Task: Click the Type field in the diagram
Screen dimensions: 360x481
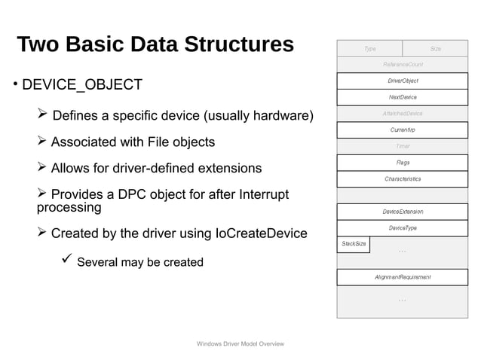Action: click(369, 48)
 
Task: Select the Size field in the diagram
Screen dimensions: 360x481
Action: click(435, 48)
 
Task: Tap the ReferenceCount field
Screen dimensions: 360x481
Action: click(403, 65)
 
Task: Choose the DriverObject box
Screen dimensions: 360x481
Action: click(403, 81)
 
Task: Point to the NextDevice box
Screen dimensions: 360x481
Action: click(403, 97)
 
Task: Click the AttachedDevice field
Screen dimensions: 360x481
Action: click(403, 113)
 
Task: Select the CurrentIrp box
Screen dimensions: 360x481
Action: click(403, 130)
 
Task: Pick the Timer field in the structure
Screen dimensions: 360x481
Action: click(403, 146)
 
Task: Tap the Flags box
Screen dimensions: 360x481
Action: click(403, 162)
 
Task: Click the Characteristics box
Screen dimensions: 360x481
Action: click(403, 179)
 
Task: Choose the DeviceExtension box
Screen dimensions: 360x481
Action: click(403, 212)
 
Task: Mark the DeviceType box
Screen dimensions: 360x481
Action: click(403, 227)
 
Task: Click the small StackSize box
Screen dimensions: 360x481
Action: click(354, 244)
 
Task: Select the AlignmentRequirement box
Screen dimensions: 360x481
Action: click(403, 277)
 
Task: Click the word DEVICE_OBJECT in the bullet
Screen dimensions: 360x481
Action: click(82, 84)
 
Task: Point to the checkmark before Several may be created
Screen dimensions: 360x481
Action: click(66, 261)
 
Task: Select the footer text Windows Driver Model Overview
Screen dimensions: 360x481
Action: click(240, 343)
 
